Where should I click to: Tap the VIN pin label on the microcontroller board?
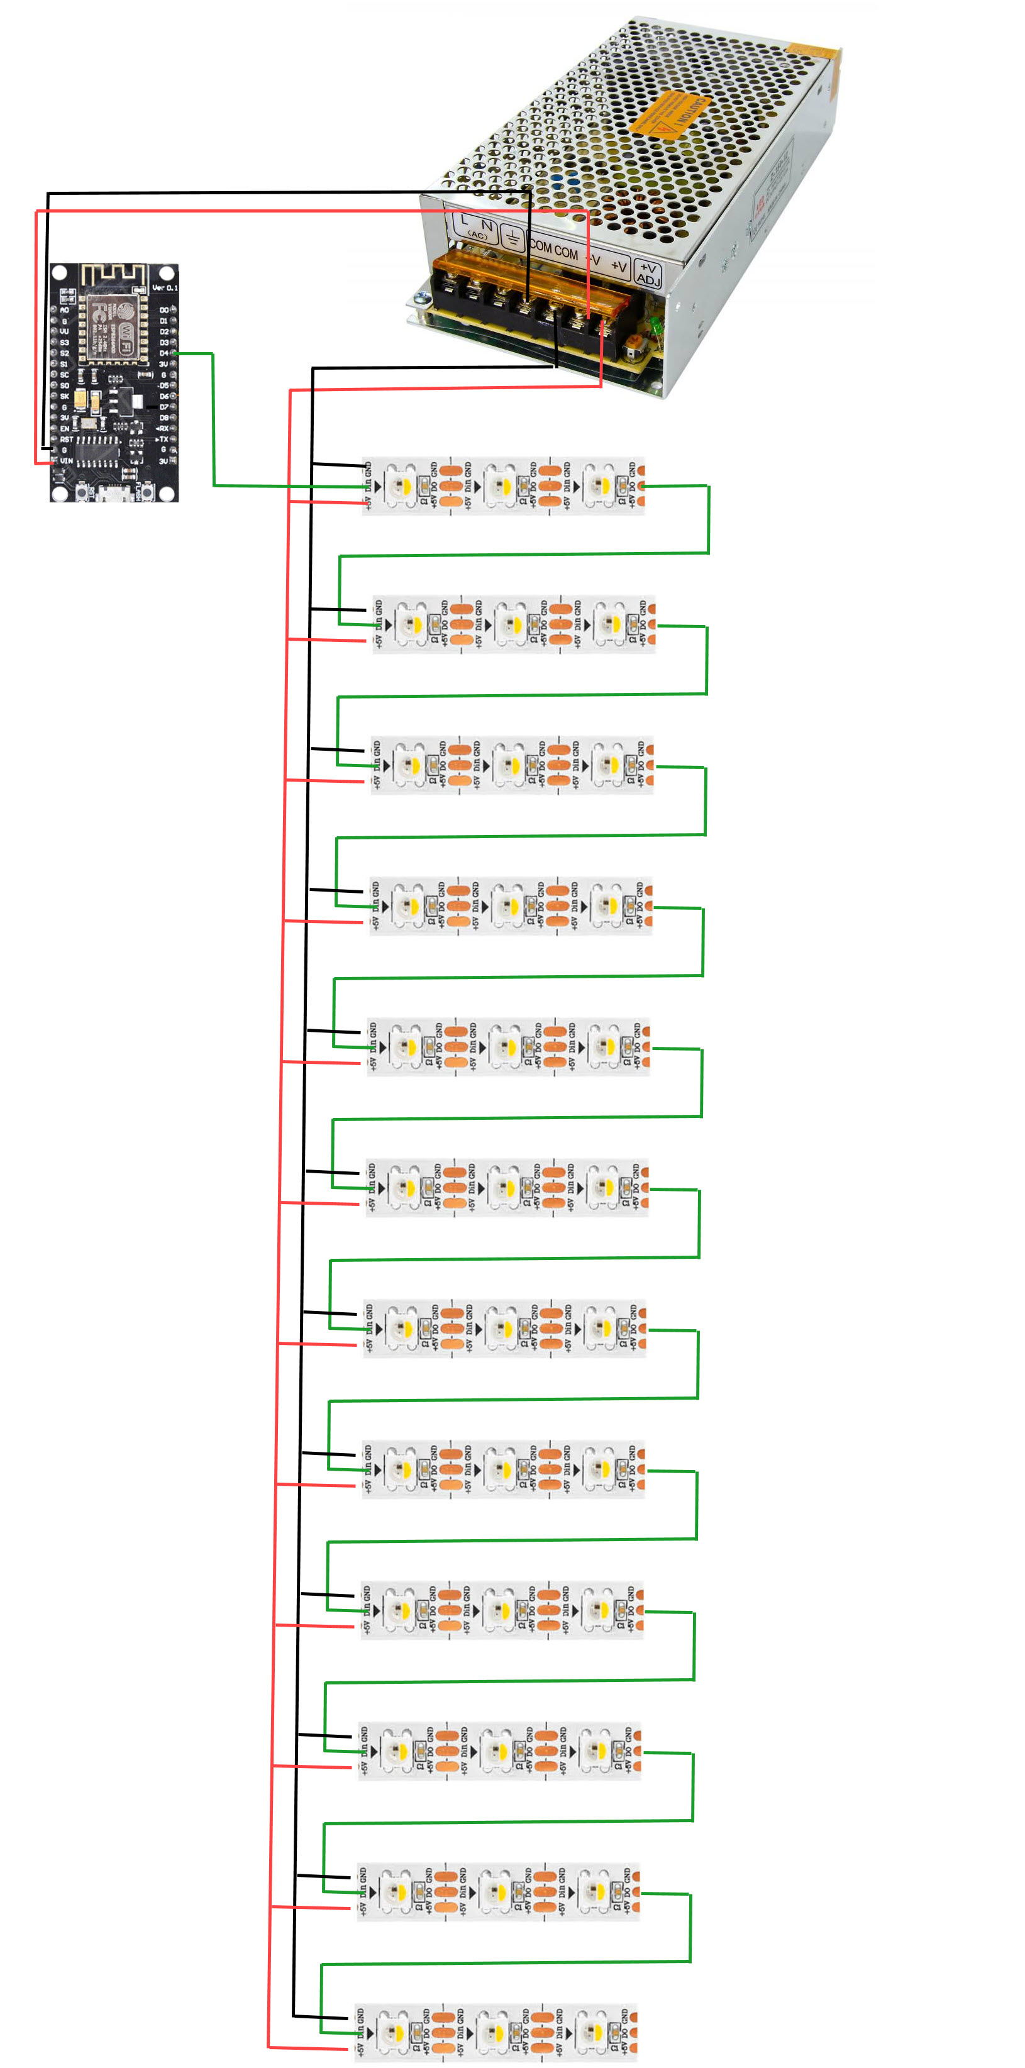click(x=67, y=461)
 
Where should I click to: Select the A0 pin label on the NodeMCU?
click(x=65, y=310)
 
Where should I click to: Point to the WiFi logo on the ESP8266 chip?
click(x=127, y=340)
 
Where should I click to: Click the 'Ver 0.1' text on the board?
click(x=165, y=288)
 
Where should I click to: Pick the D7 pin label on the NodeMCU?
click(x=163, y=407)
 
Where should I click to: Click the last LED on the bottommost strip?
click(x=594, y=2033)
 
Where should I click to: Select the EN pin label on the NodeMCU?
click(x=65, y=429)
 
